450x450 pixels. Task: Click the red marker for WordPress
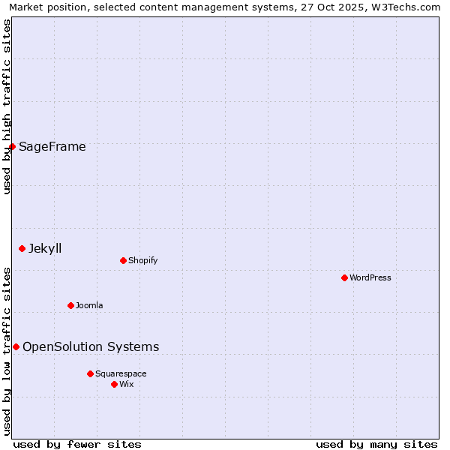click(x=344, y=277)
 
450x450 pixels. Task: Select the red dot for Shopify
click(x=123, y=260)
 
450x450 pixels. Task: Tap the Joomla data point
click(x=70, y=305)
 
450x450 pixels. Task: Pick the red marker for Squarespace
click(x=90, y=373)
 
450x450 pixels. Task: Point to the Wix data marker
click(x=114, y=384)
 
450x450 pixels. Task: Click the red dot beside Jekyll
click(x=22, y=248)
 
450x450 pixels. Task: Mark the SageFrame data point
click(x=12, y=146)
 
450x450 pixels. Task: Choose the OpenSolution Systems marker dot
click(x=16, y=346)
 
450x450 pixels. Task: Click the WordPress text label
click(x=370, y=277)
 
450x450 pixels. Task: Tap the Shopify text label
click(x=142, y=260)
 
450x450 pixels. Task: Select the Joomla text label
click(x=89, y=305)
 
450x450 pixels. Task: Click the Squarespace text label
click(x=121, y=373)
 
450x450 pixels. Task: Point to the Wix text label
click(x=127, y=384)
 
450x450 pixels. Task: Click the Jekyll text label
click(x=45, y=248)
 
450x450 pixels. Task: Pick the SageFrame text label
click(x=52, y=146)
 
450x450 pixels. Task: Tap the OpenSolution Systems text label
click(x=91, y=346)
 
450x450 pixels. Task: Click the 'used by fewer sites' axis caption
click(x=77, y=444)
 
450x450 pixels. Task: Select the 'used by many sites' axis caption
click(x=376, y=444)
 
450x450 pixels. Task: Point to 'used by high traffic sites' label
click(x=7, y=106)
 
